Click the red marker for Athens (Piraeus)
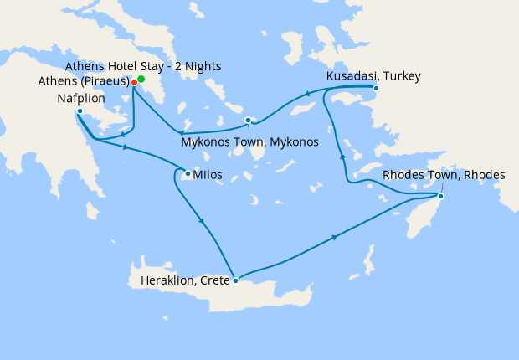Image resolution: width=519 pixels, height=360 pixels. point(134,83)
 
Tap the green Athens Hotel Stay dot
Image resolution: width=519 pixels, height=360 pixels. point(141,79)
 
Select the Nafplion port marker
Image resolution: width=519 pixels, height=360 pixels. point(79,111)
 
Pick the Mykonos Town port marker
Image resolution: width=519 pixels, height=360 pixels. point(248,120)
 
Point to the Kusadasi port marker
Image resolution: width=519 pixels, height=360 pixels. point(376,88)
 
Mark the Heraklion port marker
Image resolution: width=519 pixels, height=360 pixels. point(237,280)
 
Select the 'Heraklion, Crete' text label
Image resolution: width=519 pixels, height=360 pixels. point(178,280)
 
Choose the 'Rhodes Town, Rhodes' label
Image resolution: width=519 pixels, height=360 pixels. point(444,175)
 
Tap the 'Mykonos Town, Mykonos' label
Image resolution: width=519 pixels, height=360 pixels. point(249,142)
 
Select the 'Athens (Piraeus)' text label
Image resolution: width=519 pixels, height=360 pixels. point(83,82)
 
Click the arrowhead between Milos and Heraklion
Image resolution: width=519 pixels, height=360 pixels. point(202,221)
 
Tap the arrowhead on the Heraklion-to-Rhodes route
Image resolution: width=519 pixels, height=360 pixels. point(335,238)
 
